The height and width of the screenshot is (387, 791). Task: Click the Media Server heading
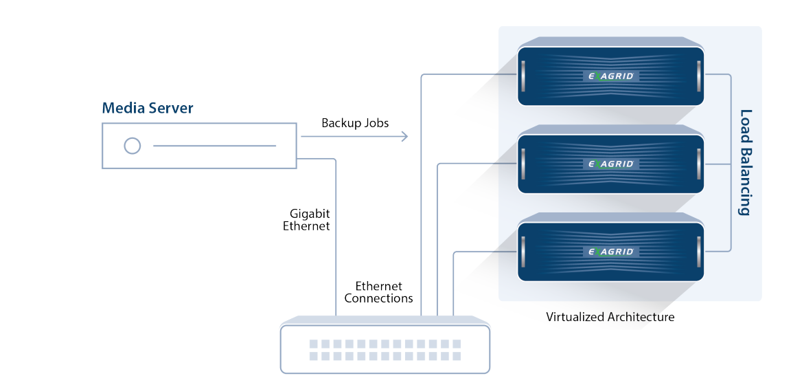click(148, 108)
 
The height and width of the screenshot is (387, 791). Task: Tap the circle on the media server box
click(132, 146)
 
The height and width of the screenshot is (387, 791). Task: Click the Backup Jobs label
click(355, 123)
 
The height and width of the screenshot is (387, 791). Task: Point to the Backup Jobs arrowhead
click(404, 136)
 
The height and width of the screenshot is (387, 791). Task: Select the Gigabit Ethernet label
click(307, 220)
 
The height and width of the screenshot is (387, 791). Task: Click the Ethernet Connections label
click(378, 292)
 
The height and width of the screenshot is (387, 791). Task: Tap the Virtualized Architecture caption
click(610, 318)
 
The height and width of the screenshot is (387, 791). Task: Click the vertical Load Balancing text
click(745, 162)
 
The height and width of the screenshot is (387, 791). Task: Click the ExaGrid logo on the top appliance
click(611, 76)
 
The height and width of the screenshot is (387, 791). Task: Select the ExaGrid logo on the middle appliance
click(611, 164)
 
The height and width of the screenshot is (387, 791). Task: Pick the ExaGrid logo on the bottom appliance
click(611, 252)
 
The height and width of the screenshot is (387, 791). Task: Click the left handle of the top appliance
click(523, 76)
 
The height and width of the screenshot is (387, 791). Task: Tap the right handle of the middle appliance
click(699, 164)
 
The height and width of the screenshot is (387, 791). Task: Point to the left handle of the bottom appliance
click(523, 252)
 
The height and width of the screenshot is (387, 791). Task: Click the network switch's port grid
click(385, 350)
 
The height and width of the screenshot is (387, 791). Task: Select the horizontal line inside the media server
click(214, 146)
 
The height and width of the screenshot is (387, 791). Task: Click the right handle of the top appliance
click(699, 76)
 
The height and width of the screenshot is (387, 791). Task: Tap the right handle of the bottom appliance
click(699, 252)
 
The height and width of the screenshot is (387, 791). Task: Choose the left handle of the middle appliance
click(523, 164)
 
